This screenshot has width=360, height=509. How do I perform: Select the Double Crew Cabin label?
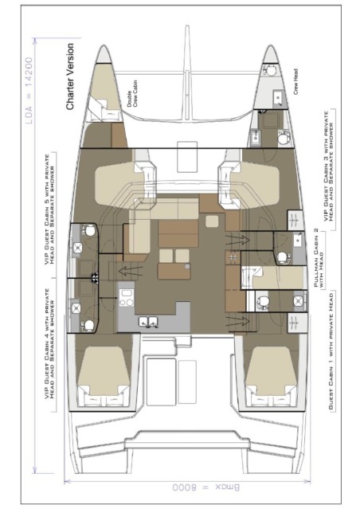129,100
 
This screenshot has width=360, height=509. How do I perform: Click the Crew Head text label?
295,82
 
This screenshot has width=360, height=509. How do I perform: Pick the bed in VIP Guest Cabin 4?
103,374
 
